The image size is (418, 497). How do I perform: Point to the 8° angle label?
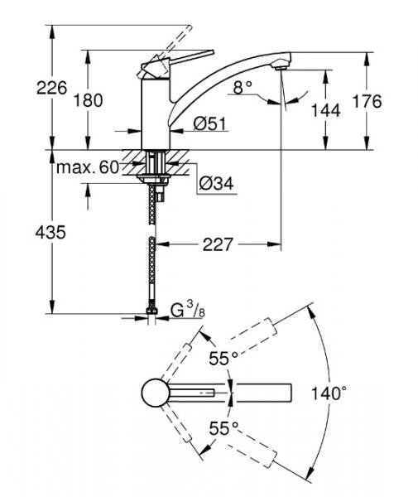coord(241,86)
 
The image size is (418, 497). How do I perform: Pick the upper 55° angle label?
coord(222,357)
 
